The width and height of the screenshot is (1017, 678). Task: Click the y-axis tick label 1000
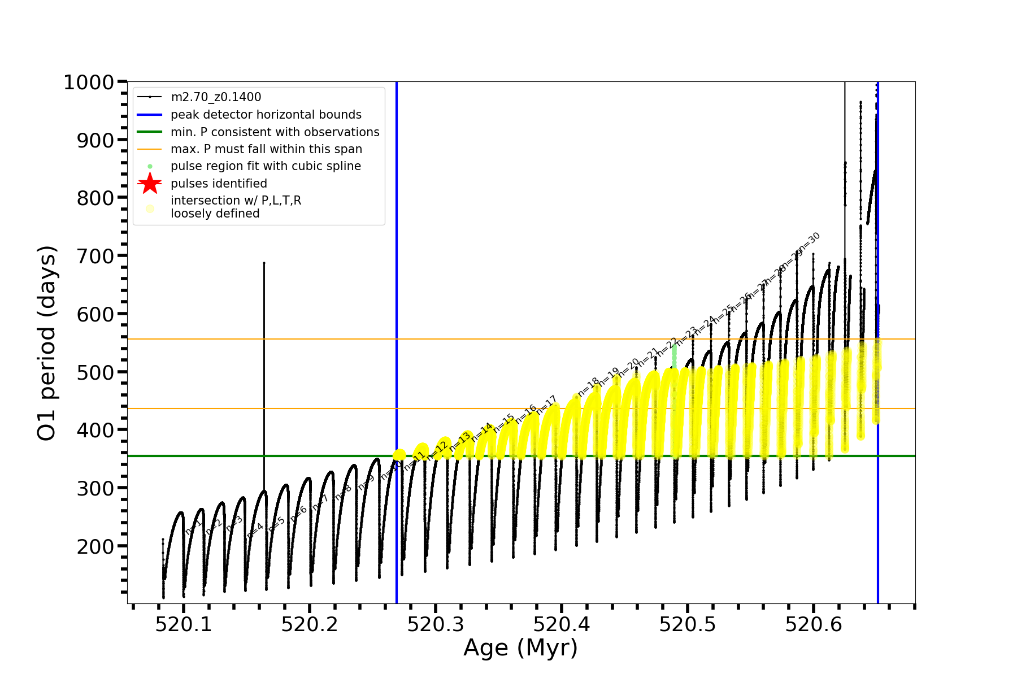click(89, 82)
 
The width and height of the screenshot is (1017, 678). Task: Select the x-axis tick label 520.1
click(184, 624)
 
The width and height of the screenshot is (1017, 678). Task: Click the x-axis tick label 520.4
click(562, 624)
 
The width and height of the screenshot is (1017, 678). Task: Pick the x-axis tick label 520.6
click(814, 624)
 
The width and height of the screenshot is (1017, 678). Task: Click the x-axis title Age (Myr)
click(520, 648)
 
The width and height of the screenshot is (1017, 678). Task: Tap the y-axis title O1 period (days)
click(47, 343)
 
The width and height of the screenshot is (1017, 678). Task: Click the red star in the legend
click(150, 183)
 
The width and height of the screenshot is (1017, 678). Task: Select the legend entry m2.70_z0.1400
click(216, 97)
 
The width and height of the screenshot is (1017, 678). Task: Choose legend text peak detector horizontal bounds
click(266, 115)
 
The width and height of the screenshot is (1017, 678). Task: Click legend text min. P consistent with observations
click(275, 132)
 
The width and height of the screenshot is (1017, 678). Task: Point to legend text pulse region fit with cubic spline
click(266, 166)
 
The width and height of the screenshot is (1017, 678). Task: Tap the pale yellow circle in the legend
click(150, 208)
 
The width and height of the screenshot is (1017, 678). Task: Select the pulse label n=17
click(546, 405)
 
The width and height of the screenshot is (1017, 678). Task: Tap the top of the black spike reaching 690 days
click(264, 263)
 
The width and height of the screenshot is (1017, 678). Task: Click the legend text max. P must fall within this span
click(266, 149)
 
